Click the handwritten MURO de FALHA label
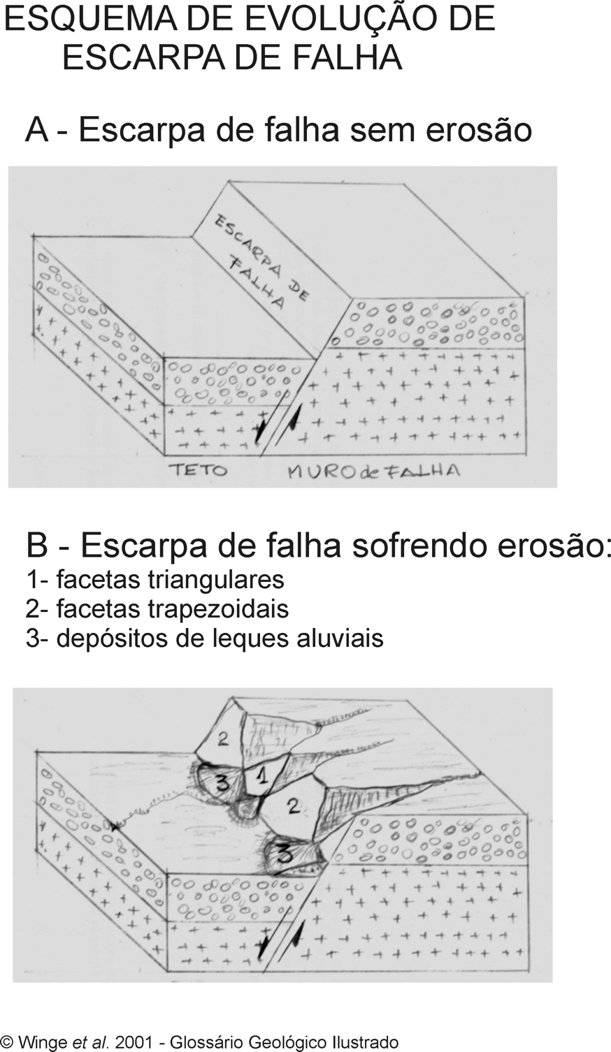pos(373,471)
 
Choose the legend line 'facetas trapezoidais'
pos(157,609)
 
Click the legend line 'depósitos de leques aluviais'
pos(205,638)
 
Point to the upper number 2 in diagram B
pos(223,740)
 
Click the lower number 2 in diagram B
pos(294,807)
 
